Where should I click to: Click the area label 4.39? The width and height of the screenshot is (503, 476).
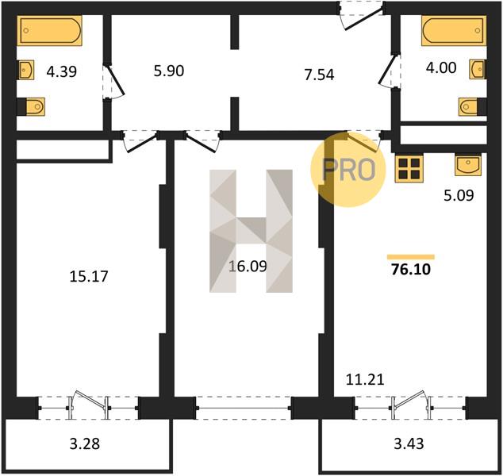click(x=62, y=71)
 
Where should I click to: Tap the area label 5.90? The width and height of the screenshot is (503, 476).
click(x=169, y=71)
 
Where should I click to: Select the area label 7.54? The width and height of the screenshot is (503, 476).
click(x=319, y=75)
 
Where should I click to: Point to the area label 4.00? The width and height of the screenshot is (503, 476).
click(x=441, y=67)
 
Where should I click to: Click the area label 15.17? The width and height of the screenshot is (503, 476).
click(x=89, y=277)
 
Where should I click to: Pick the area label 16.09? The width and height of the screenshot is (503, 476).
click(x=248, y=267)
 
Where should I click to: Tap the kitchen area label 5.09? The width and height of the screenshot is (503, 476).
click(x=459, y=195)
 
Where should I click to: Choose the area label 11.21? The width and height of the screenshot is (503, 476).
click(x=365, y=380)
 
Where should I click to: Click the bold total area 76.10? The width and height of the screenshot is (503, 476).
click(x=411, y=270)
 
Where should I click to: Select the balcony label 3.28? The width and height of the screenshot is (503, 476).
click(x=85, y=444)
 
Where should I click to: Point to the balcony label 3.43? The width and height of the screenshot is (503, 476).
click(x=409, y=444)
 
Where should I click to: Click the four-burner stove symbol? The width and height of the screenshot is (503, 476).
click(x=409, y=168)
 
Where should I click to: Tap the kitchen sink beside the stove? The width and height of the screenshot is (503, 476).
click(x=468, y=165)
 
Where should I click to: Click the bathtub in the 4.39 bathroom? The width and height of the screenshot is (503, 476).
click(x=51, y=30)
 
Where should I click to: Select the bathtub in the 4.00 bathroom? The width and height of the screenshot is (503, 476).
click(x=454, y=30)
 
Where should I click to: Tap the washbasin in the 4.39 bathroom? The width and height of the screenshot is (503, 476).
click(x=26, y=69)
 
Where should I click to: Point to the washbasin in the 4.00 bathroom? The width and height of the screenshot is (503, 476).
click(x=477, y=69)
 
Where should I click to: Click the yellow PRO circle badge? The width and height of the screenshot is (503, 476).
click(x=348, y=169)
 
